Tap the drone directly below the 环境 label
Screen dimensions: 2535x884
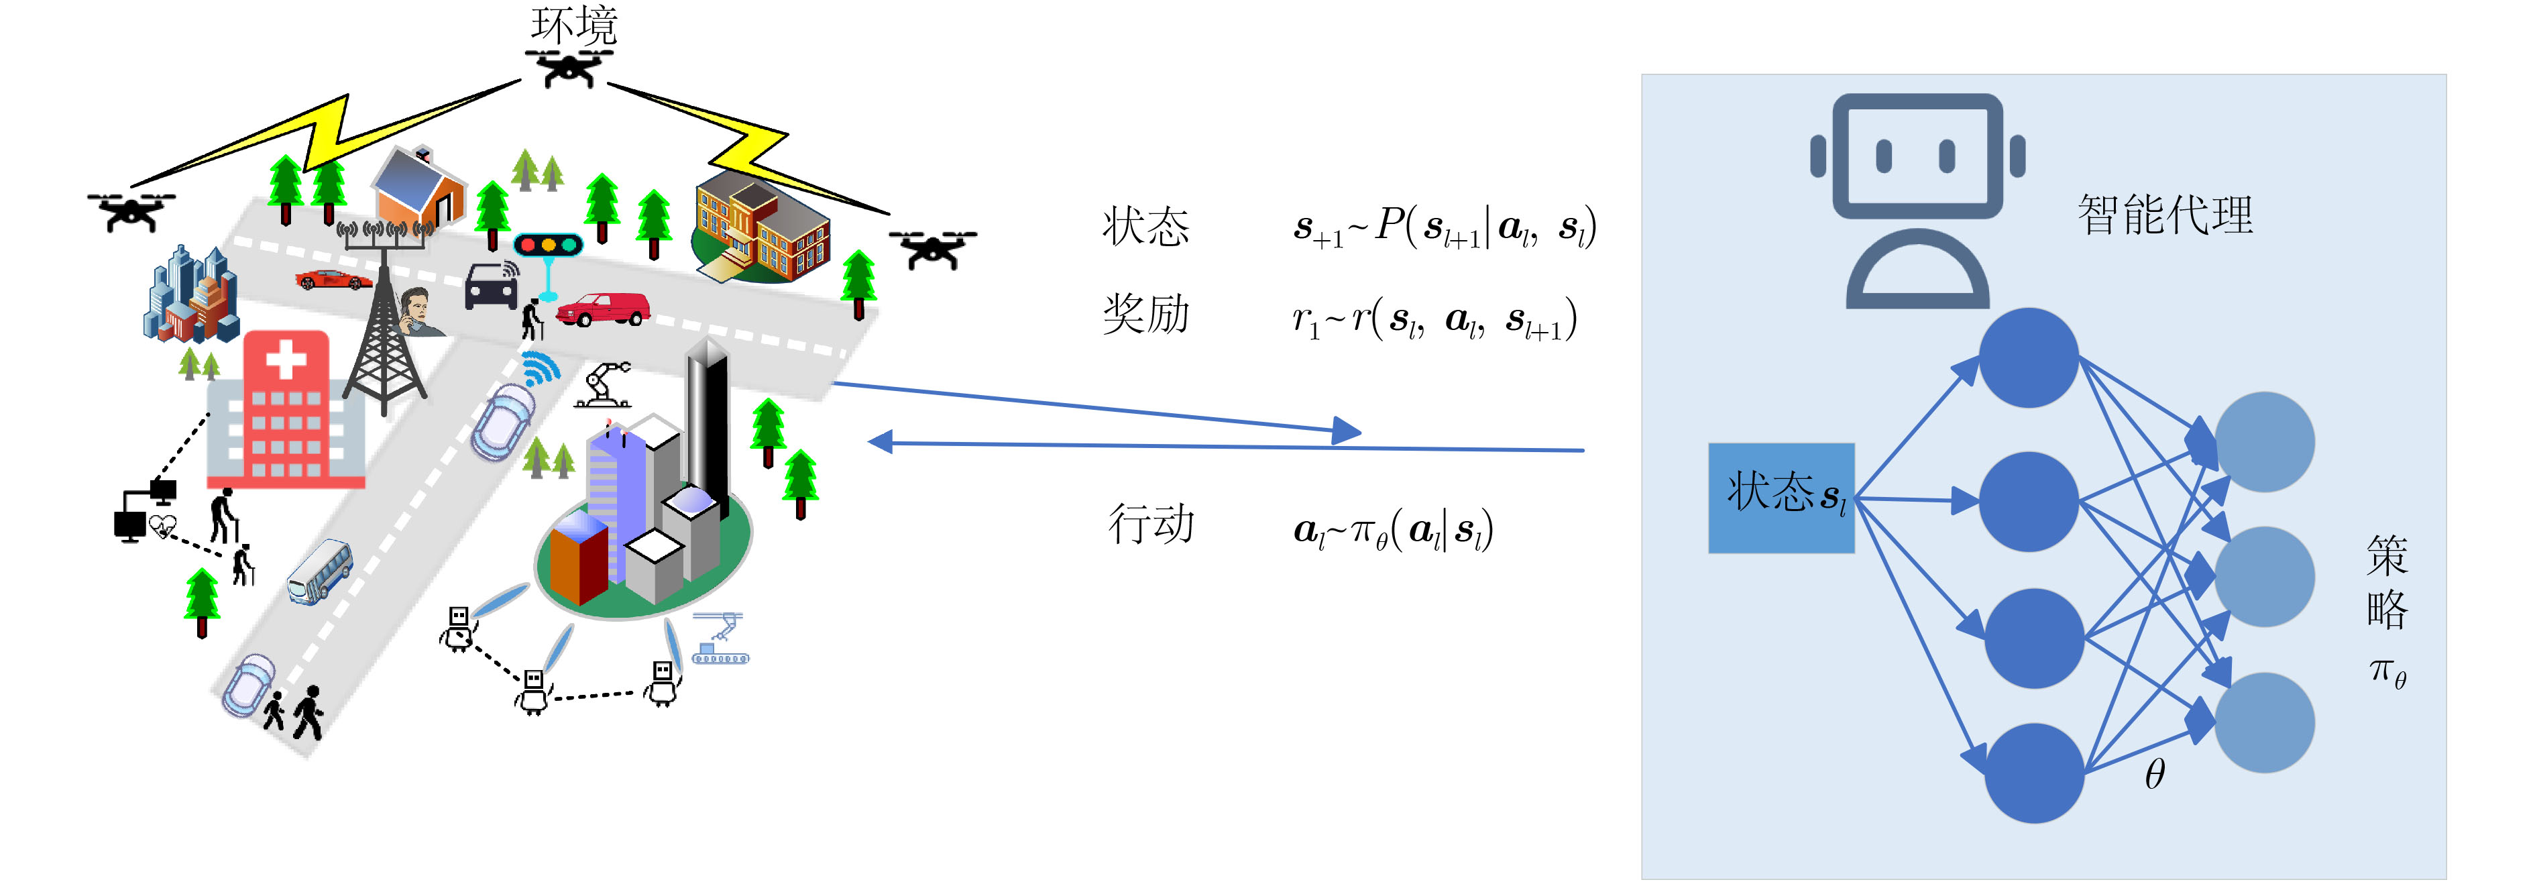(569, 68)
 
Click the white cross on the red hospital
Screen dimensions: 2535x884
(286, 358)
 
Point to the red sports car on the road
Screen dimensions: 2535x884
(333, 280)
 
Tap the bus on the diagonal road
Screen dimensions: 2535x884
(320, 570)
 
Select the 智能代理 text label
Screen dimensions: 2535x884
(2164, 215)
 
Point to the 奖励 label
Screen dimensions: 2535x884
(1145, 314)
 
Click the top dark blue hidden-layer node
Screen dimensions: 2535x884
(2028, 358)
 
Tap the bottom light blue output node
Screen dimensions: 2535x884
(2263, 722)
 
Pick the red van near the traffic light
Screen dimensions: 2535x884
(602, 309)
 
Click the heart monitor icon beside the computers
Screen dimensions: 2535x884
(162, 528)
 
